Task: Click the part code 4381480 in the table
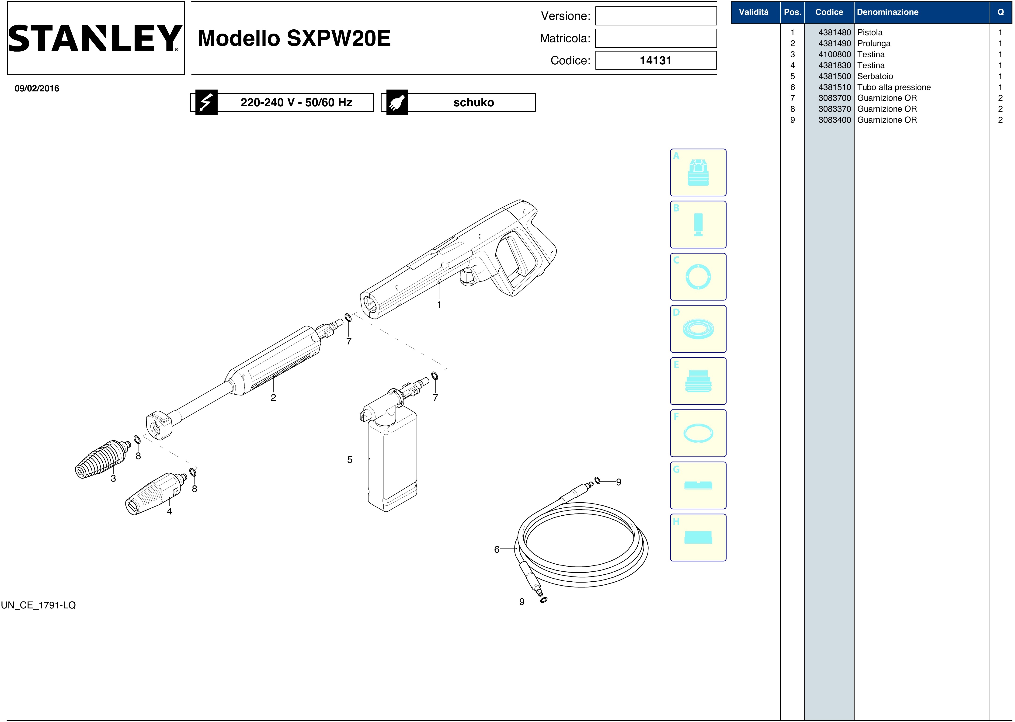click(834, 32)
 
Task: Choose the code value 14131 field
click(656, 60)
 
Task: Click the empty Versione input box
click(656, 16)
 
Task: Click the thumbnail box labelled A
click(698, 173)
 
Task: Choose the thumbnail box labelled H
click(698, 538)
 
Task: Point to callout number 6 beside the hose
click(497, 549)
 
